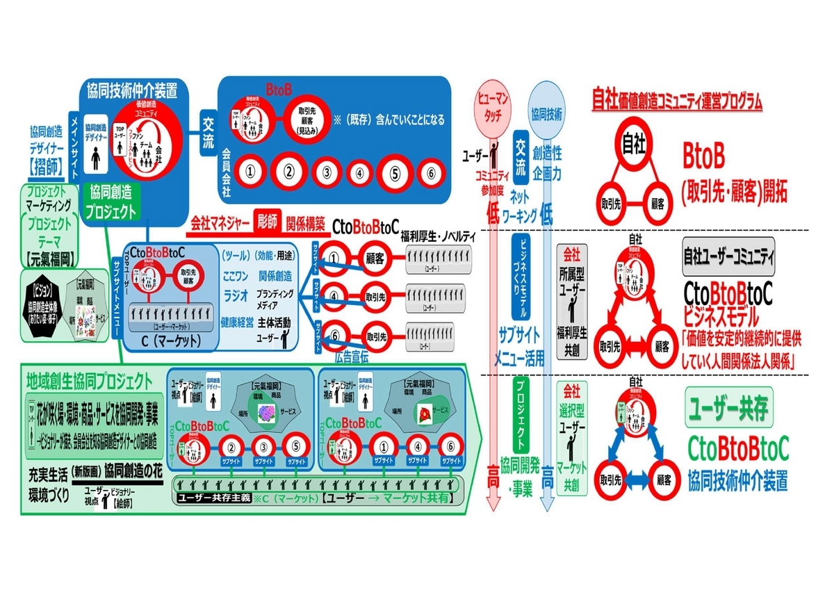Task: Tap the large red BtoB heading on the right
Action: (x=704, y=158)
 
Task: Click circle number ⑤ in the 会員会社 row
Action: (x=395, y=172)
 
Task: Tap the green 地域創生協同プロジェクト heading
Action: (x=89, y=381)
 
